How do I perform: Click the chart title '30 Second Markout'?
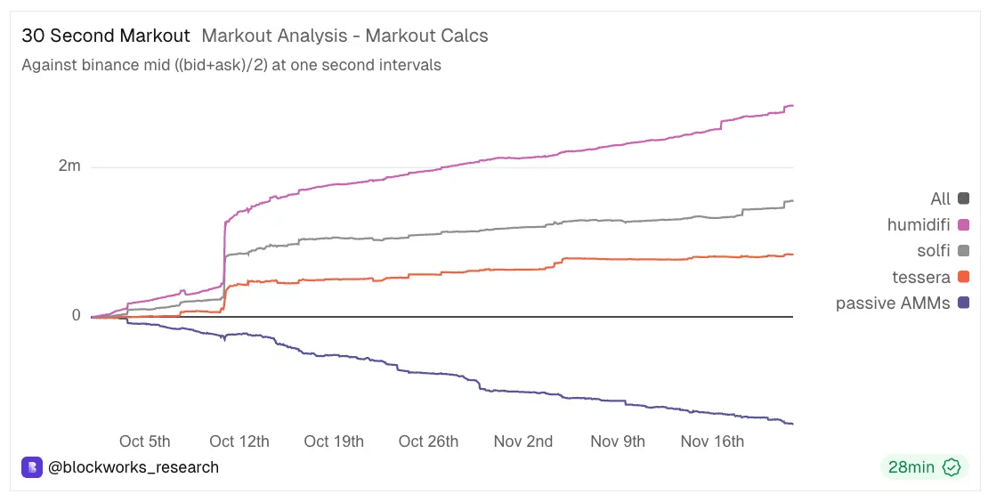(x=106, y=36)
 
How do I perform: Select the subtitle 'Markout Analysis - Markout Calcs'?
(x=344, y=36)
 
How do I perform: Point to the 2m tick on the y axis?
(x=69, y=166)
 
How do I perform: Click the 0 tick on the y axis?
(x=77, y=315)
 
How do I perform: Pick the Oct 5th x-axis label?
(x=144, y=441)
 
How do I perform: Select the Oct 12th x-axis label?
(x=239, y=441)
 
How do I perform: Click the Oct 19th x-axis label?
(x=334, y=441)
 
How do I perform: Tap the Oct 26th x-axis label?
(x=428, y=441)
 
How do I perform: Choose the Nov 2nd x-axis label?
(x=523, y=441)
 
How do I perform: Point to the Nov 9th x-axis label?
(x=618, y=441)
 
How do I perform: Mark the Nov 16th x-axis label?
(x=712, y=441)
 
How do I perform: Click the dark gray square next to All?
(x=963, y=198)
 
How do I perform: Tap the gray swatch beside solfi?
(x=963, y=251)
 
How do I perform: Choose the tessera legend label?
(x=921, y=277)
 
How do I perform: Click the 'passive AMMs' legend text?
(x=893, y=304)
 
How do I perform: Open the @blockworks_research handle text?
(x=134, y=466)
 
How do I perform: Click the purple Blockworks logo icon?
(x=32, y=466)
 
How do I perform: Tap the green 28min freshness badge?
(x=924, y=466)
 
